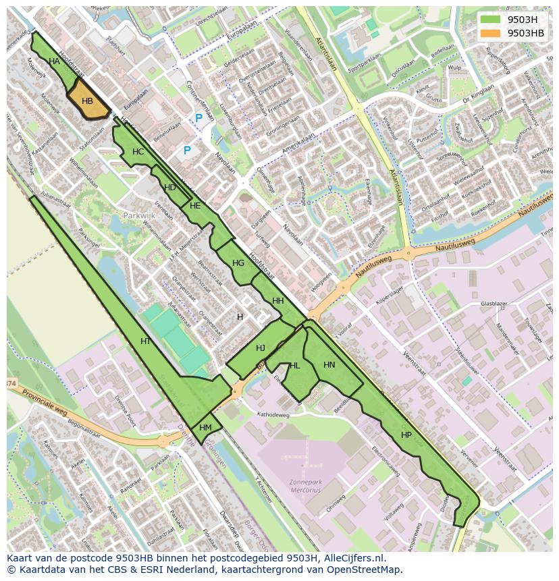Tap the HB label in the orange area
tap(87, 101)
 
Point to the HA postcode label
tap(55, 61)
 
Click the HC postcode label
tap(138, 152)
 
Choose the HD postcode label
tap(170, 188)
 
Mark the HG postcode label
tap(238, 263)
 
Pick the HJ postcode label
tap(261, 348)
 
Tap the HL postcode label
tap(294, 366)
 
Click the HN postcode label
tap(329, 365)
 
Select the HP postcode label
tap(406, 435)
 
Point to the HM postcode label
tap(206, 428)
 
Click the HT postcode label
tap(146, 341)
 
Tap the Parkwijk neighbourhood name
tap(139, 216)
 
